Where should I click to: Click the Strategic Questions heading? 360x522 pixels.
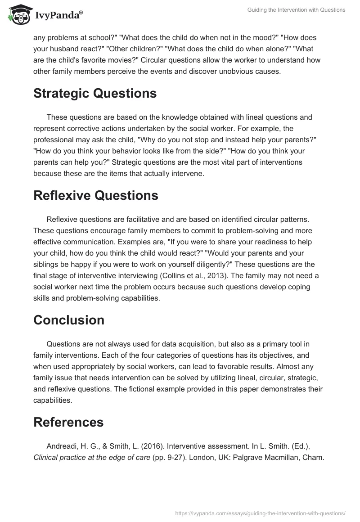[x=95, y=93]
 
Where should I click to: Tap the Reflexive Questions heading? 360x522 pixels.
[x=96, y=195]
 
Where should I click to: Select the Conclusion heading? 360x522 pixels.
[x=69, y=320]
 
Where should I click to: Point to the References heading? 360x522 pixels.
[x=68, y=422]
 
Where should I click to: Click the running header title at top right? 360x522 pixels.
[x=297, y=10]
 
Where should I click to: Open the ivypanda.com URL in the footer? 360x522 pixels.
[x=260, y=513]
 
